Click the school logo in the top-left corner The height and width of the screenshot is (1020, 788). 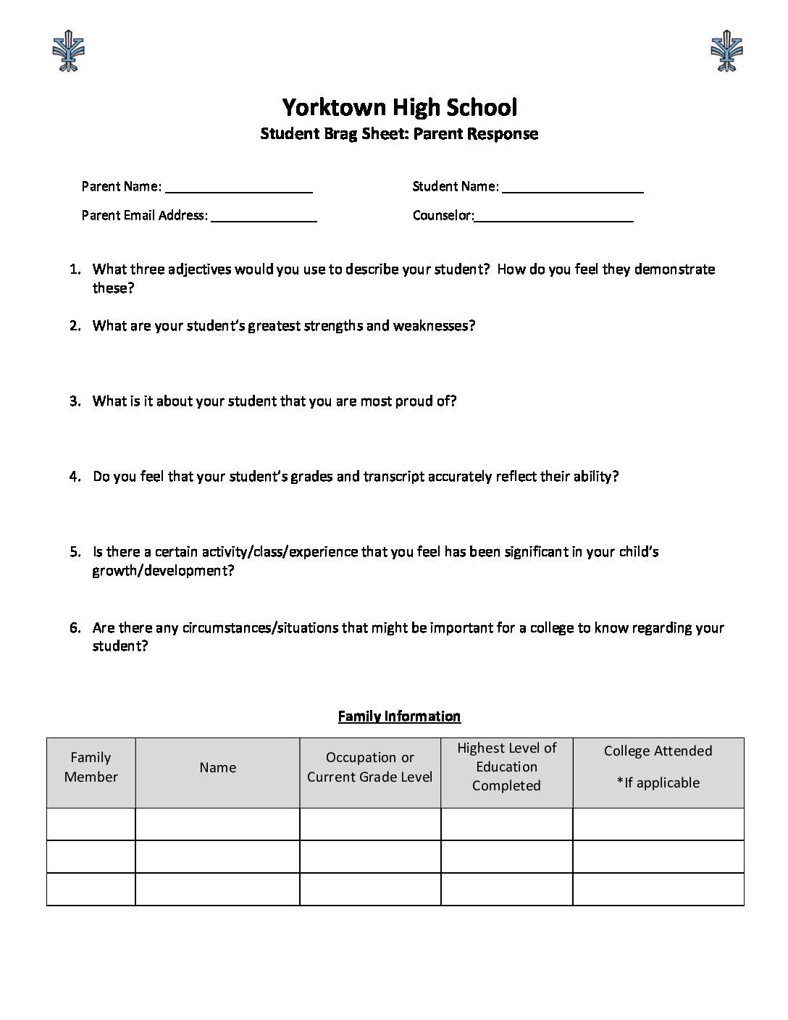pos(70,50)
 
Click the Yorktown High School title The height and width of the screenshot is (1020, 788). pos(399,107)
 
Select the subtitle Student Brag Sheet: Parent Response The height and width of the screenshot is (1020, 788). pos(399,133)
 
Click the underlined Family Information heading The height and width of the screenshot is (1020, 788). pos(399,716)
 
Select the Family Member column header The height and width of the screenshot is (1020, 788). pos(91,767)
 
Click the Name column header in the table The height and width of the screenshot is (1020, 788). pos(217,767)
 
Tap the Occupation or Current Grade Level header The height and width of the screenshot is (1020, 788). pos(369,767)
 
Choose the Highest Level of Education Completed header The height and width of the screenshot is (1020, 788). pos(506,766)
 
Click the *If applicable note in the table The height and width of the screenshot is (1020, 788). pos(658,782)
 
